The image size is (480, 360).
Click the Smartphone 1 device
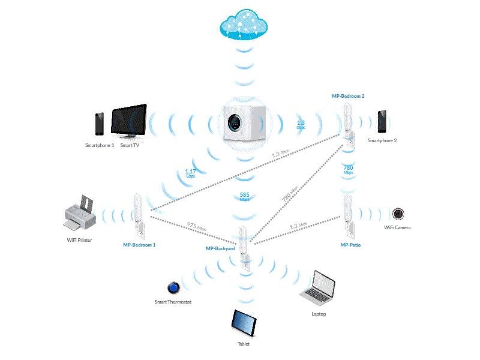[100, 124]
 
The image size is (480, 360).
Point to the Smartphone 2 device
[382, 122]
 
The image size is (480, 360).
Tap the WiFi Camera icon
[398, 214]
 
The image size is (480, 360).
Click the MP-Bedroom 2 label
[348, 95]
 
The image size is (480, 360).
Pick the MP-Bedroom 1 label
[139, 245]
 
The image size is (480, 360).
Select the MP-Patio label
[350, 245]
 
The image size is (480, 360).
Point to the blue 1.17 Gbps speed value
[190, 173]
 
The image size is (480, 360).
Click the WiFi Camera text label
[397, 228]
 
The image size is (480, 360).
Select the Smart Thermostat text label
[173, 302]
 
